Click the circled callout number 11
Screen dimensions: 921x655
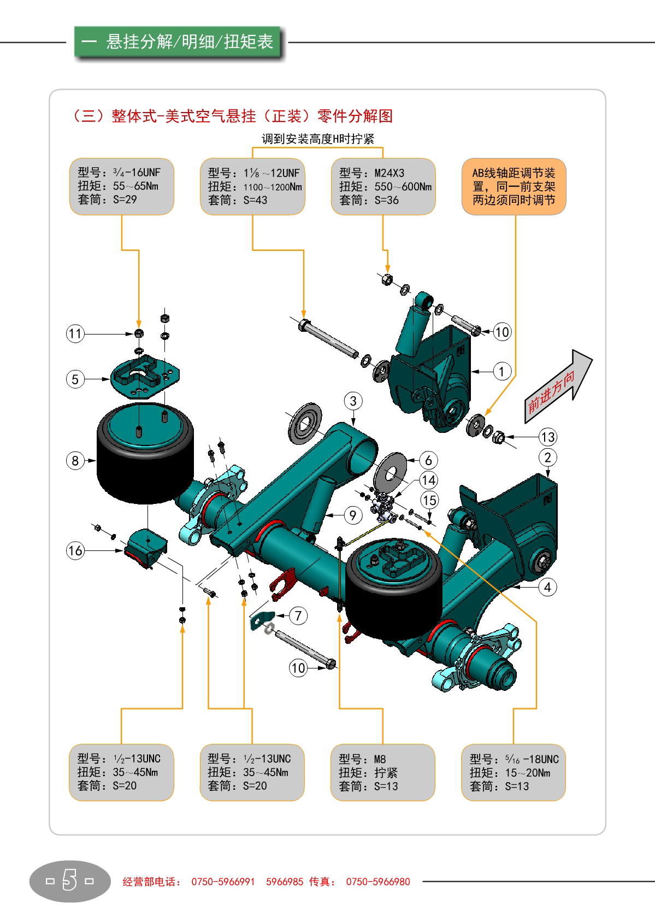(75, 333)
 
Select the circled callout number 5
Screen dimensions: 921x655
(75, 379)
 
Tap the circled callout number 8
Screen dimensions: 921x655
(75, 460)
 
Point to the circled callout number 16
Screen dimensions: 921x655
(75, 550)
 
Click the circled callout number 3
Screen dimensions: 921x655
(353, 401)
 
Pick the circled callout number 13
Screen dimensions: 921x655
(547, 437)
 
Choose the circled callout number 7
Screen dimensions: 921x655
(298, 615)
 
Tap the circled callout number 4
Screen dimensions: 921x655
(547, 587)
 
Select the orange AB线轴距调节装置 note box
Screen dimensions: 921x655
(514, 187)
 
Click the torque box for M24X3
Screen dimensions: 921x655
(383, 187)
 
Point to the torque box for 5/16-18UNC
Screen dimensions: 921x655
(514, 772)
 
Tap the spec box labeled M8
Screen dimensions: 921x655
(383, 772)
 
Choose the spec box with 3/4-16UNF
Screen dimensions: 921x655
(121, 186)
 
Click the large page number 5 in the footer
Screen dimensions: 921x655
(69, 881)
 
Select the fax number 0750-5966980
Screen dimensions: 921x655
(378, 882)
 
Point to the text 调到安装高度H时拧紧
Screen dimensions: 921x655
(317, 139)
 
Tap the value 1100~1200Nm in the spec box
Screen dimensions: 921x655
(272, 187)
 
